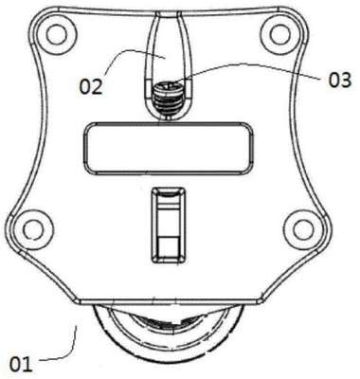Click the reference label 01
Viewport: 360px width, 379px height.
21,364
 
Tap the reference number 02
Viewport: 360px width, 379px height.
91,86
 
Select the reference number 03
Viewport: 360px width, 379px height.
339,80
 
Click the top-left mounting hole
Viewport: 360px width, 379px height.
57,34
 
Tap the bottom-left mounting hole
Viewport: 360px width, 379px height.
32,229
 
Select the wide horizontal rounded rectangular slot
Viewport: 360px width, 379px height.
168,148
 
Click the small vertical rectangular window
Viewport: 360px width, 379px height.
169,226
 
